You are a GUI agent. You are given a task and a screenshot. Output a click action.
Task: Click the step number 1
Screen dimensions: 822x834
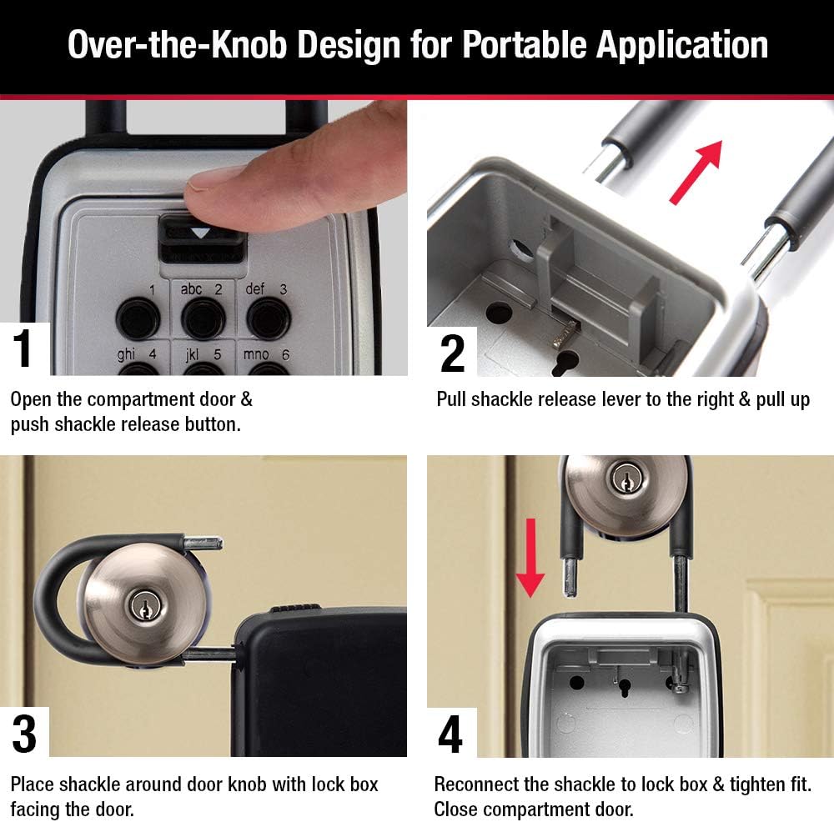click(x=23, y=350)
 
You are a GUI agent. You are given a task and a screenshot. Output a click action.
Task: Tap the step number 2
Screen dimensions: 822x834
click(x=452, y=353)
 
